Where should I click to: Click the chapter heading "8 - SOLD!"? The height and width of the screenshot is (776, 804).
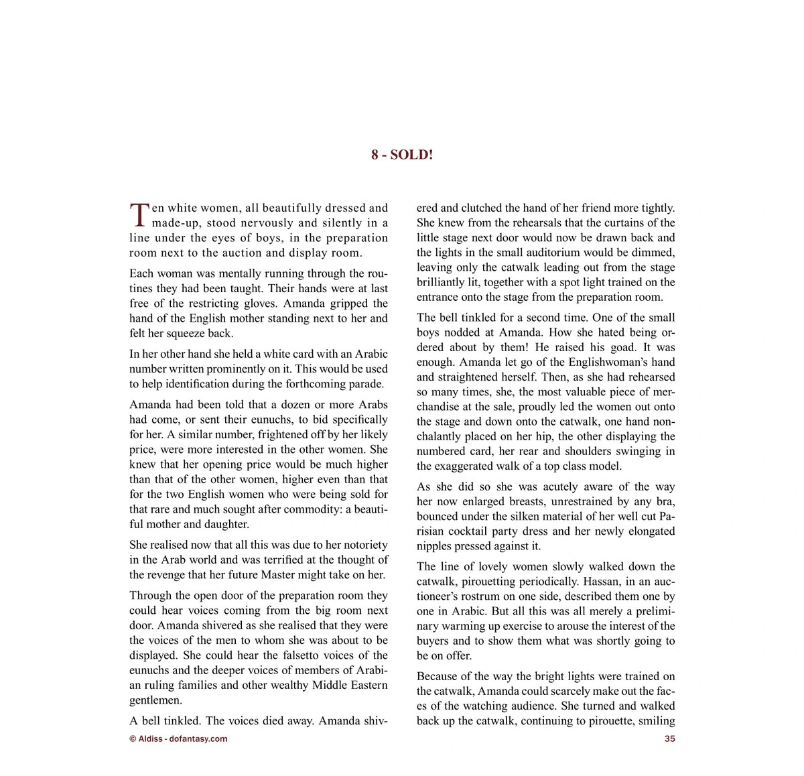[x=402, y=155]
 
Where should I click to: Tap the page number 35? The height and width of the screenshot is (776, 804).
[x=669, y=739]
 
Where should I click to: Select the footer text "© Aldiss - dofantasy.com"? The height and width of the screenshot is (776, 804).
[x=178, y=739]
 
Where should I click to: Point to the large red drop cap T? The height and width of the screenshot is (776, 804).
[x=139, y=214]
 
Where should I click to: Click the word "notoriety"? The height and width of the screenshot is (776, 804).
[x=360, y=545]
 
